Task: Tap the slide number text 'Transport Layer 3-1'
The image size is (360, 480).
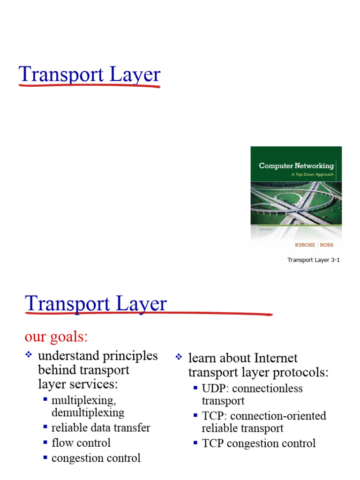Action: click(x=313, y=260)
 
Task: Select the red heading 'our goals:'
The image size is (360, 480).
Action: click(x=56, y=337)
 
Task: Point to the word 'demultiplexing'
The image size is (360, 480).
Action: click(x=88, y=412)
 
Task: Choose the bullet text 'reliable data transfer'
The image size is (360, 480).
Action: click(x=101, y=427)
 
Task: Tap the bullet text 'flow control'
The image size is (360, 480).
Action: click(x=81, y=443)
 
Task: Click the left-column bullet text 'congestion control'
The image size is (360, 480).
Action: click(x=96, y=458)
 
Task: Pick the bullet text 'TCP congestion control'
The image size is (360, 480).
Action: click(x=259, y=443)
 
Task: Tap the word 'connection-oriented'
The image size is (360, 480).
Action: click(x=278, y=416)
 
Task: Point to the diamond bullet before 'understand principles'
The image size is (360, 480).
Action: click(x=28, y=356)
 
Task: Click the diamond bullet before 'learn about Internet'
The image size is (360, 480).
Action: click(x=178, y=358)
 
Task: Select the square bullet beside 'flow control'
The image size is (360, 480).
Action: click(x=45, y=442)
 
